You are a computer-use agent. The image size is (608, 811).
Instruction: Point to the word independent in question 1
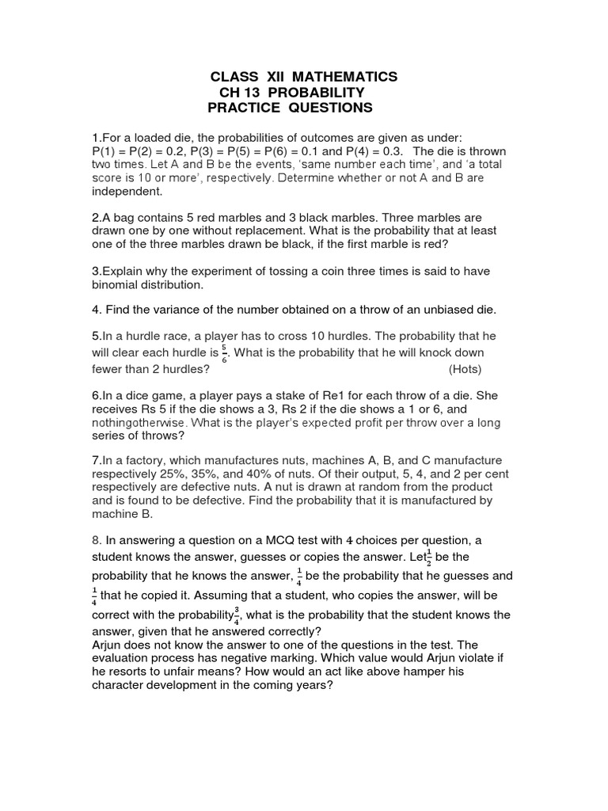126,192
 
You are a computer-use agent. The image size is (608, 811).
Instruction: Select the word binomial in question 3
115,284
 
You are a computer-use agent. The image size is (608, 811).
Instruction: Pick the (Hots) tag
465,369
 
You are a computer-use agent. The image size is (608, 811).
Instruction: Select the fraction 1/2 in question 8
427,557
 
